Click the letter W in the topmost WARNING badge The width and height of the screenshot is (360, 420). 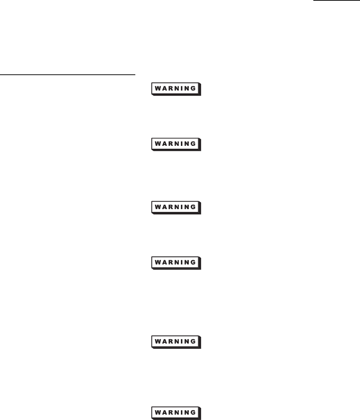click(157, 88)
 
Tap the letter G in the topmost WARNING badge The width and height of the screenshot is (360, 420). click(194, 88)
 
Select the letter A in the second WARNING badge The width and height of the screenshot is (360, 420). click(164, 143)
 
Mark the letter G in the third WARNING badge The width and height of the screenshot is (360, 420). click(194, 207)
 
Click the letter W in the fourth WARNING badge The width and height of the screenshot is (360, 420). click(157, 262)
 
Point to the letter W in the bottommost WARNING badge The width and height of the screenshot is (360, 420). click(157, 411)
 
